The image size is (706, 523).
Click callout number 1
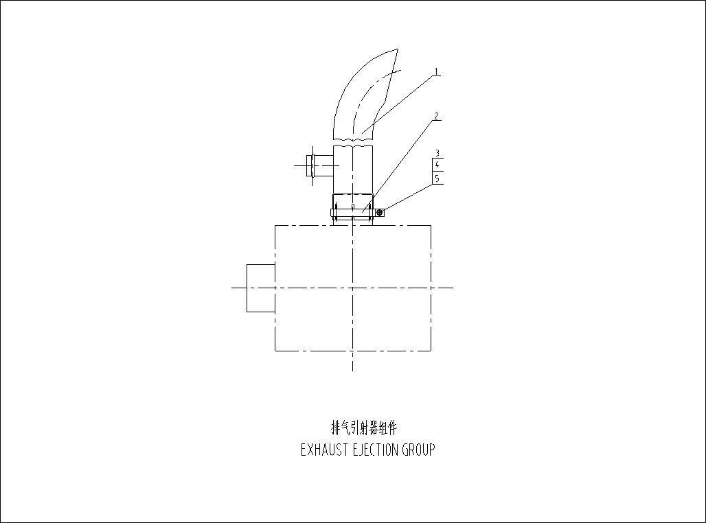(x=436, y=71)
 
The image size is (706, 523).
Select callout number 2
(x=436, y=116)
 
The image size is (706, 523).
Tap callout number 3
(x=437, y=154)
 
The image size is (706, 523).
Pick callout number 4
(x=437, y=165)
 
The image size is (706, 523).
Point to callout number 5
(x=437, y=178)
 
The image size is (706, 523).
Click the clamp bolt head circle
(x=380, y=213)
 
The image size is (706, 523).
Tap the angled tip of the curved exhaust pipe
(x=398, y=49)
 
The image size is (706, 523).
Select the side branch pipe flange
(x=311, y=165)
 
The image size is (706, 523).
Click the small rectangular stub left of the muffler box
(x=261, y=288)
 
